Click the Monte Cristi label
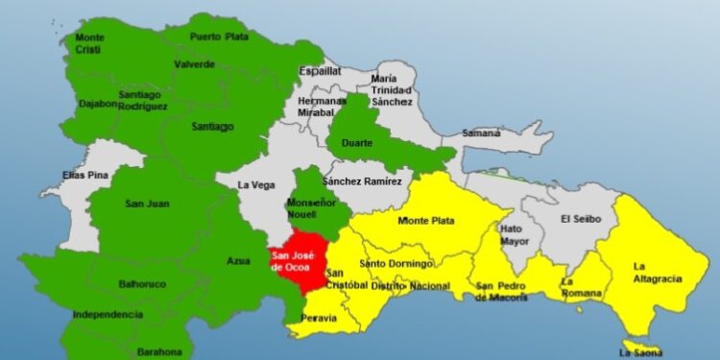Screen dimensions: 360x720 pos(90,42)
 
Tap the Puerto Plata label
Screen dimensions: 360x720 pos(219,37)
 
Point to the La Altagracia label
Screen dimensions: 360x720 pos(658,273)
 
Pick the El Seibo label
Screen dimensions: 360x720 pos(581,219)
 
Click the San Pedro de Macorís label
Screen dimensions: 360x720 pos(502,292)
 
